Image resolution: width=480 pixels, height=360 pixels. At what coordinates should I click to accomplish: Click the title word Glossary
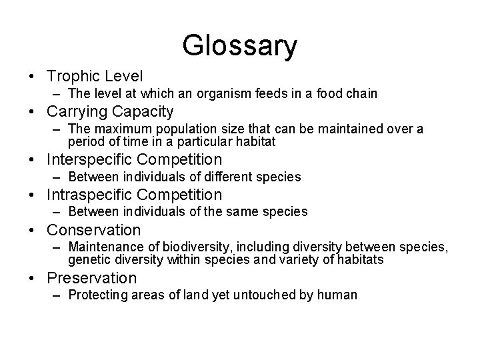tap(240, 46)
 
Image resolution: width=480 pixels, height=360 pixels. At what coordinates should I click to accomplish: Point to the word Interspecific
tap(90, 159)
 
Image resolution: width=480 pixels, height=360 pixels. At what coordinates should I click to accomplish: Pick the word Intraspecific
tap(90, 195)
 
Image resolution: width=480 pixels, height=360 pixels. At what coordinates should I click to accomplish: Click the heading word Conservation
tap(93, 230)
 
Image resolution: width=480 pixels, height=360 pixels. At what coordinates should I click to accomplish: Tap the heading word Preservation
tap(91, 278)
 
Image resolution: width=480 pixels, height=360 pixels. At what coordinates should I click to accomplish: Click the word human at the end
tap(340, 295)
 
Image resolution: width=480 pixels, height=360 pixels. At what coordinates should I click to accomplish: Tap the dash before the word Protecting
tap(58, 295)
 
